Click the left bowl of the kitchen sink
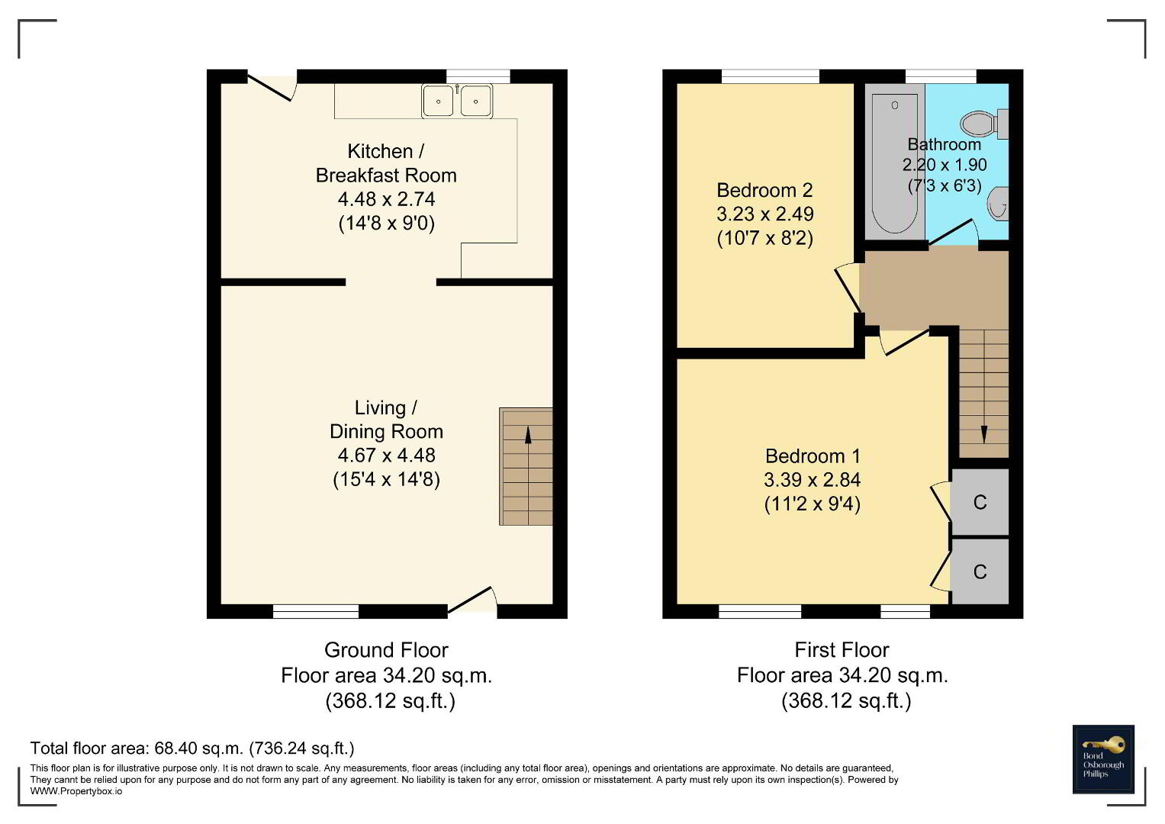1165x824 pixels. tap(439, 101)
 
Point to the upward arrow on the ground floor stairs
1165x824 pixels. tap(528, 436)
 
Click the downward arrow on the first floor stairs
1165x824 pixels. tap(984, 435)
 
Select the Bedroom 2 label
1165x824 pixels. tap(764, 191)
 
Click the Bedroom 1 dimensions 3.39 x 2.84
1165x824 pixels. tap(812, 480)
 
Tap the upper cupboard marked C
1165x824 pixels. tap(980, 502)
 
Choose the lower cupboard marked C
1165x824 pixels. tap(980, 571)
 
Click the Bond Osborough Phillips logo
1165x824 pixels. tap(1103, 759)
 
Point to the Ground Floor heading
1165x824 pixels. tap(386, 650)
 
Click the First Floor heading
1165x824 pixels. tap(842, 650)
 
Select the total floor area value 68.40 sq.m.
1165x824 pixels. tap(199, 748)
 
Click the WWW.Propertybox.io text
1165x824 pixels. tap(76, 791)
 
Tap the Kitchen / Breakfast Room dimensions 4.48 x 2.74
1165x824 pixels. tap(387, 199)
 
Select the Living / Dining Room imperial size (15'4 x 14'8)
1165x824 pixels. tap(387, 480)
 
